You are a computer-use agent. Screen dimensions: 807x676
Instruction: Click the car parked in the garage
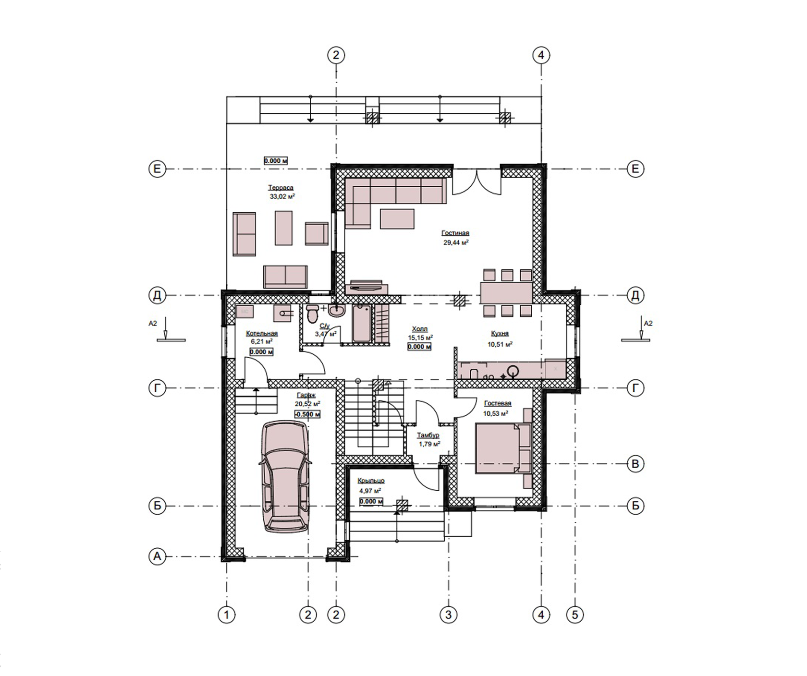pos(284,476)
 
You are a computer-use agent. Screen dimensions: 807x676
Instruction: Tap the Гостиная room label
pos(455,233)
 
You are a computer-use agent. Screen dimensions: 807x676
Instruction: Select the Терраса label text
pos(281,188)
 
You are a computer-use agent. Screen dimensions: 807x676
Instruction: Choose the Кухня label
pos(500,333)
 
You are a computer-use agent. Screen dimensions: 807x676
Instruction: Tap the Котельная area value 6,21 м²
pos(262,341)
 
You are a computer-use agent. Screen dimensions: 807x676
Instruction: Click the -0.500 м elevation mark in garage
pos(307,414)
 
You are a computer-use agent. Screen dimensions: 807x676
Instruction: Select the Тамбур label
pos(428,435)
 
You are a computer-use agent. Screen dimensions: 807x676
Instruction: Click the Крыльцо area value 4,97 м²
pos(370,491)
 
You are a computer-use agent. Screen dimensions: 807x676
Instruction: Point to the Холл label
pos(420,329)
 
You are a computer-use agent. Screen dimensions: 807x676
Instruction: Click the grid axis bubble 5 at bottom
pos(575,614)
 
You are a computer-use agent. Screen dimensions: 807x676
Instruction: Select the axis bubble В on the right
pos(636,464)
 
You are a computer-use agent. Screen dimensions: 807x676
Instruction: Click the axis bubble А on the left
pos(157,556)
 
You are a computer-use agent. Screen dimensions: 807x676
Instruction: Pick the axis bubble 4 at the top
pos(541,55)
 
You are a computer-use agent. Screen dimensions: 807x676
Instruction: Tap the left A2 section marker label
pos(153,324)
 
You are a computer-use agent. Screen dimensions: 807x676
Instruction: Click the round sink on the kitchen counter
pos(514,370)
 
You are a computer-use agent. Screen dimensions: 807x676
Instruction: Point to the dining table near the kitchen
pos(506,293)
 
